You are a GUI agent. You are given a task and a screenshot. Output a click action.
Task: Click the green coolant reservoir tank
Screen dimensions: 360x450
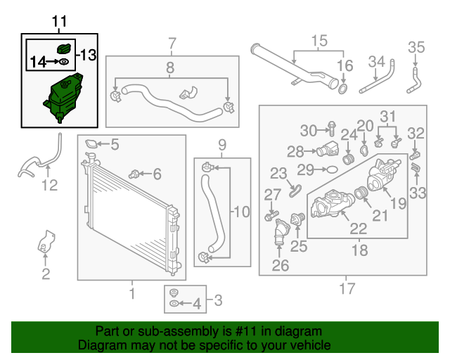(x=62, y=97)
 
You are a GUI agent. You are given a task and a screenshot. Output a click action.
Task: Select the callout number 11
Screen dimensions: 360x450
(x=60, y=22)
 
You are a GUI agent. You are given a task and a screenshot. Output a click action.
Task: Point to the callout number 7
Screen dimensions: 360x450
(x=171, y=45)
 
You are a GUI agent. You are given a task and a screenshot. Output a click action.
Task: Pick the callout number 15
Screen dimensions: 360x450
(x=319, y=41)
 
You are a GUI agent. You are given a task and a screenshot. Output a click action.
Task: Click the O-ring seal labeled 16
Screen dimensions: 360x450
(x=343, y=89)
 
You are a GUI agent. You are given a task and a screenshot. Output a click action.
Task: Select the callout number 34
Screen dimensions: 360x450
(x=377, y=61)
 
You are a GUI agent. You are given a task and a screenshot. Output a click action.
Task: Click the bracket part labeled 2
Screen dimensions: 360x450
(x=45, y=242)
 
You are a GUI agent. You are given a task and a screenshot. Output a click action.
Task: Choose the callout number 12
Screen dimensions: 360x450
(x=49, y=186)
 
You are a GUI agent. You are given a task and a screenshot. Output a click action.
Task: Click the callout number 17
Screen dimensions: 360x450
(x=347, y=288)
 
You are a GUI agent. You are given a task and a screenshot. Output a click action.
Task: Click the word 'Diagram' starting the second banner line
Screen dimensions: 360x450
(x=99, y=345)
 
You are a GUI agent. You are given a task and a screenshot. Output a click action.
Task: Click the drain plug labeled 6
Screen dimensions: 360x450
(x=136, y=172)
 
